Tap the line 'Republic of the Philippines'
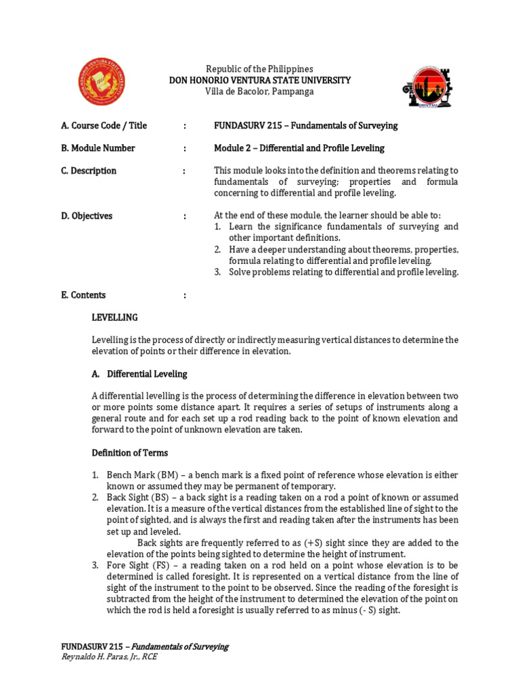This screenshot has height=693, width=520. click(x=259, y=69)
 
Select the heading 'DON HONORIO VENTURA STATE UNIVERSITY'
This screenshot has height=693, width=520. click(x=259, y=80)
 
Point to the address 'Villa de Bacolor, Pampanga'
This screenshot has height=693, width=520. click(x=259, y=91)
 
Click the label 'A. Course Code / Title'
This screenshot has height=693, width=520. click(x=104, y=126)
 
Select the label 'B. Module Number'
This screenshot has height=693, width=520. click(x=97, y=148)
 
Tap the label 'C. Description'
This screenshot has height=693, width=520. click(x=88, y=171)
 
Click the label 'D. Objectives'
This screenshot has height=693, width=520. click(x=87, y=216)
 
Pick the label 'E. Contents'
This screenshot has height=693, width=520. click(x=83, y=295)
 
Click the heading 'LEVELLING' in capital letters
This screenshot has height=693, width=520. click(x=114, y=317)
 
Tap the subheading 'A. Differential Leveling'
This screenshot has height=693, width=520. click(x=139, y=374)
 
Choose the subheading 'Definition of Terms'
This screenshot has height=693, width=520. click(x=130, y=453)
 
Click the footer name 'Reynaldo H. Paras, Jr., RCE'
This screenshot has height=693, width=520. click(x=109, y=656)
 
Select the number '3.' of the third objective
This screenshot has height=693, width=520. click(x=218, y=272)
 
